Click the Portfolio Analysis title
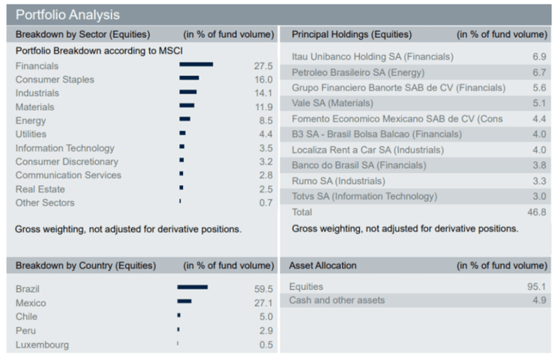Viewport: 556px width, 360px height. click(68, 15)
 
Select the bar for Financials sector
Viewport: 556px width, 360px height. click(196, 65)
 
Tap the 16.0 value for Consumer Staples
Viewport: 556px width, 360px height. click(263, 79)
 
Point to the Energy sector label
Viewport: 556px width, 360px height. click(30, 121)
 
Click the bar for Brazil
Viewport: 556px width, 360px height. click(192, 287)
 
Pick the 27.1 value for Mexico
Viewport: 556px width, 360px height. click(263, 303)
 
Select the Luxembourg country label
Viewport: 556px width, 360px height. click(42, 345)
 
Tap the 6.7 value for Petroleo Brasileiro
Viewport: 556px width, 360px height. click(540, 72)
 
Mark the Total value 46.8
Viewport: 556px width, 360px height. click(537, 211)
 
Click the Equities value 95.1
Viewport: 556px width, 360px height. click(537, 287)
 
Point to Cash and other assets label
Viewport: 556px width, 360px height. click(337, 300)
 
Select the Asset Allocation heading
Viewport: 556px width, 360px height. click(323, 266)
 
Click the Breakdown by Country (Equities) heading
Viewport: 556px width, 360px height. click(85, 266)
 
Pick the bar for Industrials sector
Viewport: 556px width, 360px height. click(188, 93)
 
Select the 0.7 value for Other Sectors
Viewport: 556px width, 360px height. click(266, 202)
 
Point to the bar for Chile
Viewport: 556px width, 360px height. click(178, 315)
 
